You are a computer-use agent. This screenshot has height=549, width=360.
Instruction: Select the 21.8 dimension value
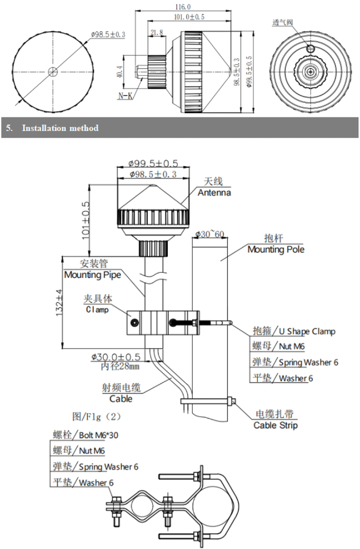coord(156,33)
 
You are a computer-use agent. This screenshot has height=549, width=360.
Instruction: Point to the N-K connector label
coord(126,96)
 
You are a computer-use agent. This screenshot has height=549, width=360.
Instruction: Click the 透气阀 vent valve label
coord(283,23)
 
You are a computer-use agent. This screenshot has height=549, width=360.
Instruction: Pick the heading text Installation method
coord(60,128)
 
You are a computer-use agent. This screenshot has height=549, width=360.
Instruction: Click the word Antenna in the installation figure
coord(214,193)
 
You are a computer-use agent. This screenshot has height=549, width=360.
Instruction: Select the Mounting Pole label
coord(276,250)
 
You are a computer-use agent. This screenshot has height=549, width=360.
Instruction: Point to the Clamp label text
coord(97,310)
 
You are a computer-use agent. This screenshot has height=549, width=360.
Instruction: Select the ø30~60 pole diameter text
coord(211,234)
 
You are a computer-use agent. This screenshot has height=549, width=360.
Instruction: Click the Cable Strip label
coord(276,425)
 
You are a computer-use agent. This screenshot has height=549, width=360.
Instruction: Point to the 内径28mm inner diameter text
coord(120,366)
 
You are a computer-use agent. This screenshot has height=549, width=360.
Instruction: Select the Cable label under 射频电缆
coord(121,399)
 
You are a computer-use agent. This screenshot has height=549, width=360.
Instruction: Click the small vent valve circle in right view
coord(311,49)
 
